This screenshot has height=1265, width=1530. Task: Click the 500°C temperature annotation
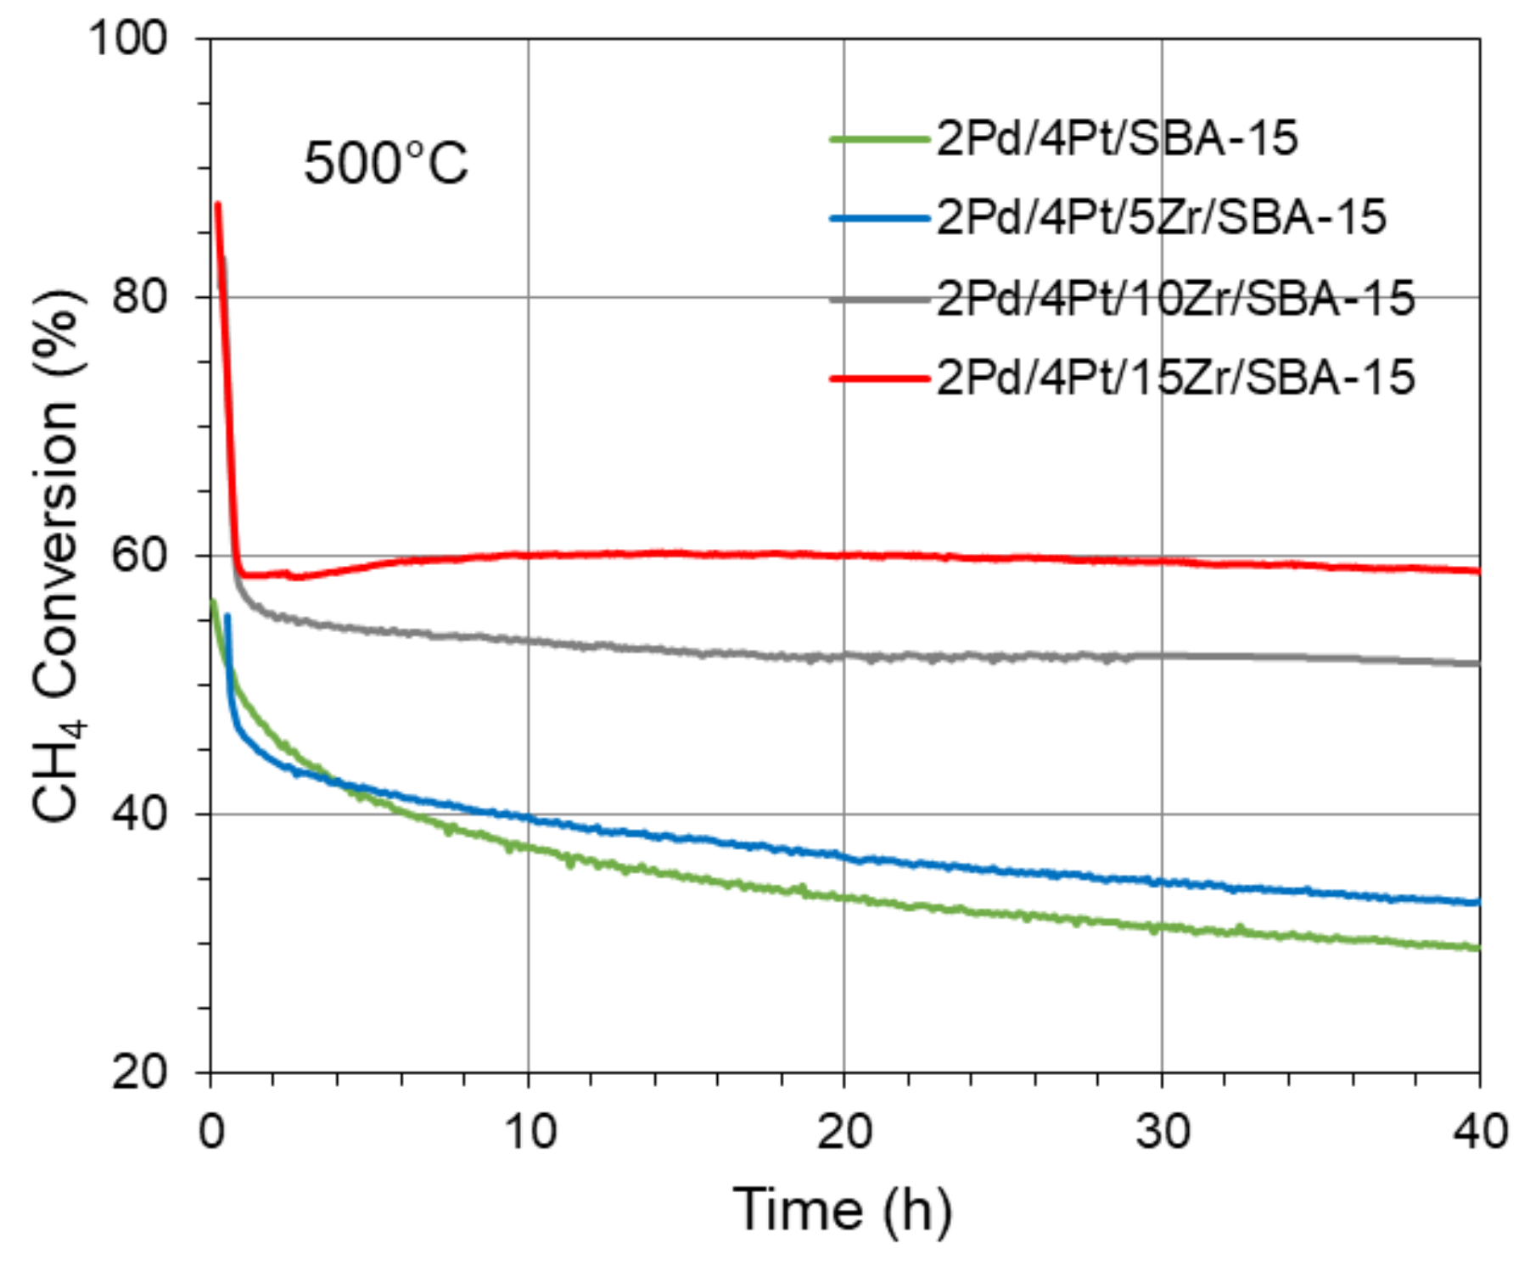coord(385,163)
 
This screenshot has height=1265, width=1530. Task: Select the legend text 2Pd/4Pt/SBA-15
coord(1117,137)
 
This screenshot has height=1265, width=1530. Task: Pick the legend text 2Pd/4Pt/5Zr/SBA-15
coord(1161,217)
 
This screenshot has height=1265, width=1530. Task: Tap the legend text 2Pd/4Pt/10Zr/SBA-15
coord(1175,298)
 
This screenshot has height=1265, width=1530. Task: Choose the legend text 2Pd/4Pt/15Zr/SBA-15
coord(1175,377)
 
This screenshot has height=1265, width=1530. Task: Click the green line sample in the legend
coord(880,138)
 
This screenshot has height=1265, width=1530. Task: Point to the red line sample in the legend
coord(880,378)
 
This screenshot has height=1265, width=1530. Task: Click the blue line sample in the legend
coord(880,218)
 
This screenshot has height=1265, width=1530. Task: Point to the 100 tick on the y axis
coord(129,38)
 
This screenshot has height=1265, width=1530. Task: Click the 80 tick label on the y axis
coord(140,297)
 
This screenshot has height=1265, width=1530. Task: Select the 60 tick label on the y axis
coord(140,556)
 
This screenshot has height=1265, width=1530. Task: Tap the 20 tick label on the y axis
coord(140,1073)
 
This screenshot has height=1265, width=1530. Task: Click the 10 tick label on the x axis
coord(529,1131)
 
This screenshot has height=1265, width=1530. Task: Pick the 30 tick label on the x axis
coord(1162,1131)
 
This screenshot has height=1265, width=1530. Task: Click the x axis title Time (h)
coord(842,1209)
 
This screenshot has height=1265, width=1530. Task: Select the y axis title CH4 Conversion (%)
coord(58,556)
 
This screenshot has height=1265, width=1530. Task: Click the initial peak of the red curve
coord(218,204)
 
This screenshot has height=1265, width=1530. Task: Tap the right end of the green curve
coord(1477,948)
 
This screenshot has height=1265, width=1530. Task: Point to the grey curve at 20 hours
coord(845,656)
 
